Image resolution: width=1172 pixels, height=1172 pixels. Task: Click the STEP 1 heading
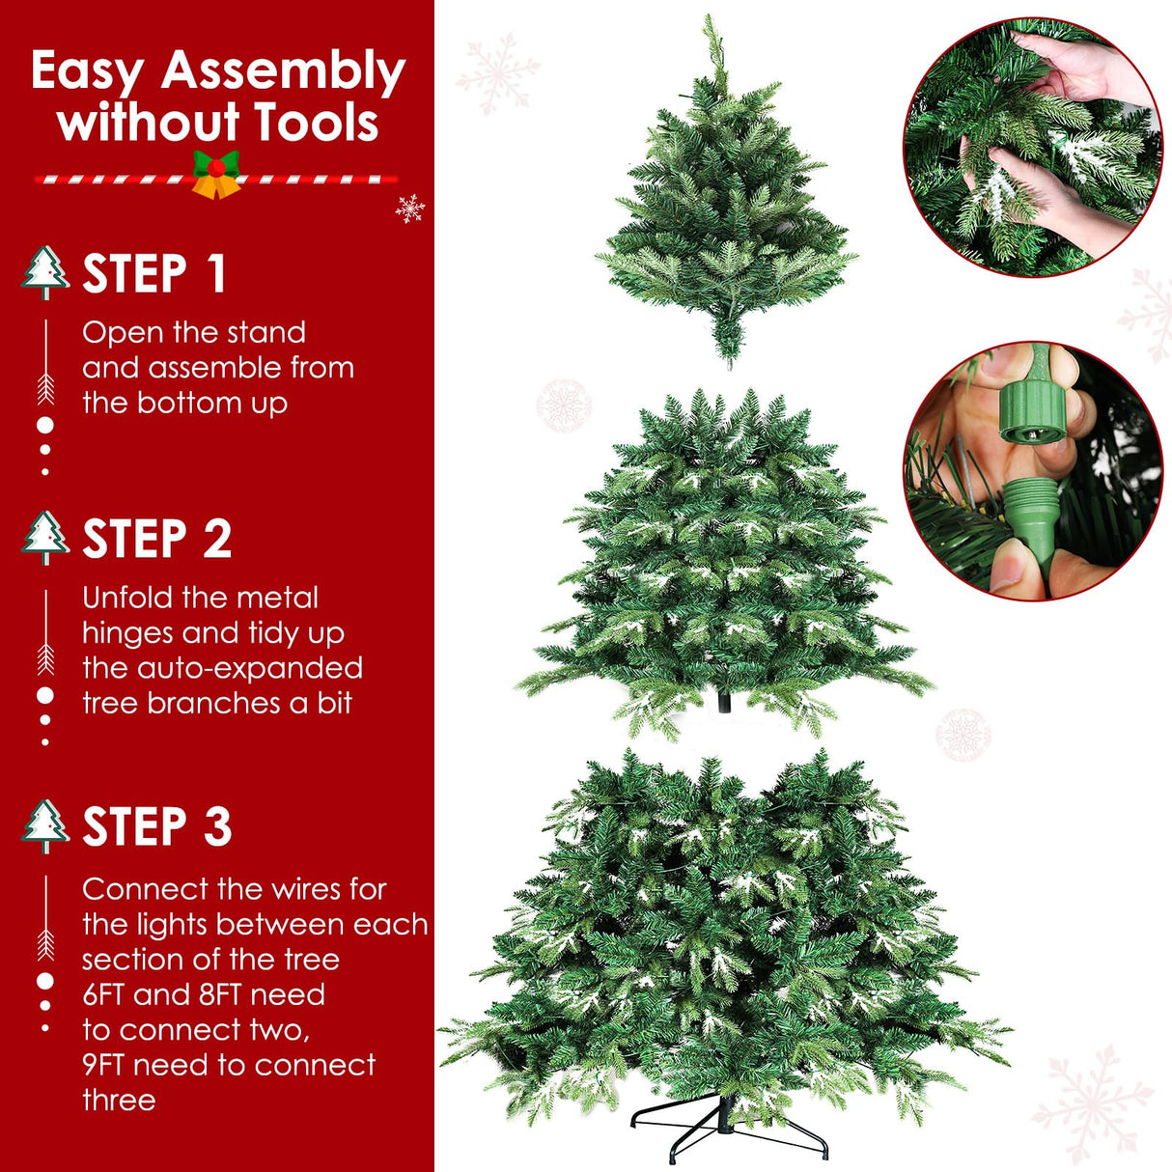click(x=154, y=274)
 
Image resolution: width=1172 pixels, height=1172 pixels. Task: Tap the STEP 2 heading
click(x=156, y=539)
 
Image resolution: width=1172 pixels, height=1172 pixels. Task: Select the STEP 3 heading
click(x=156, y=827)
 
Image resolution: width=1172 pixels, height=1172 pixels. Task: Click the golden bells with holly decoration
click(x=216, y=176)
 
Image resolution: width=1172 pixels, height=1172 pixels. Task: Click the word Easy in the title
click(x=87, y=71)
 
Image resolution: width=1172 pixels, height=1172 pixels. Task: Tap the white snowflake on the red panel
click(x=410, y=208)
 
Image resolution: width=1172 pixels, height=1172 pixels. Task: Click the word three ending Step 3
click(x=118, y=1101)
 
